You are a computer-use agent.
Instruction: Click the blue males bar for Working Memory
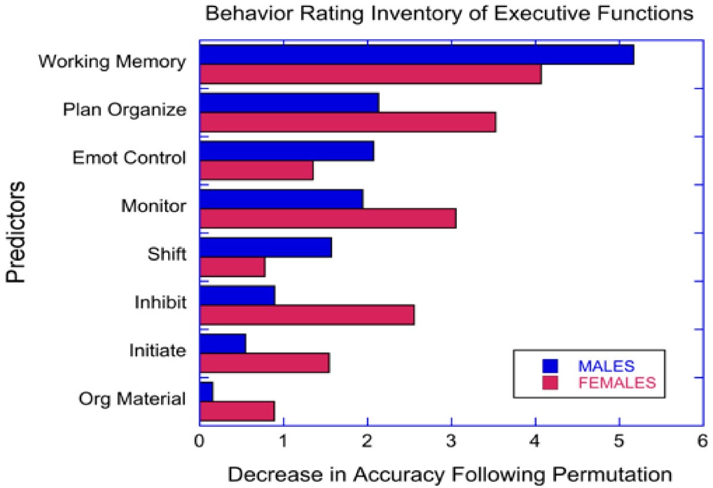(x=417, y=55)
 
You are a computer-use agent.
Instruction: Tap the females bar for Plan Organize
(x=348, y=122)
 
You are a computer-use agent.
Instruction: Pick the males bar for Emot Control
(x=286, y=151)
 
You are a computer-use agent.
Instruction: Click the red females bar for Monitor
(x=327, y=218)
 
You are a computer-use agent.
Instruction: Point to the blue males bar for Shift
(x=266, y=248)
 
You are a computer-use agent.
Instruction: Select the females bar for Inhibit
(x=307, y=315)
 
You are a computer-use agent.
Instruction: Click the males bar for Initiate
(x=223, y=344)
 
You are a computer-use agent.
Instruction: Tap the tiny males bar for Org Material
(x=206, y=392)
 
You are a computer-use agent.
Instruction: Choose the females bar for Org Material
(x=237, y=411)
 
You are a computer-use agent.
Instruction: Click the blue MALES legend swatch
(x=550, y=365)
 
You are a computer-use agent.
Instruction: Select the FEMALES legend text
(x=616, y=383)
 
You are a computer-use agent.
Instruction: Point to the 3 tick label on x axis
(x=452, y=442)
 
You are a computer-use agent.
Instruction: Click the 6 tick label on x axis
(x=703, y=442)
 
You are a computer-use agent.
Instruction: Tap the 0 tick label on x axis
(x=200, y=442)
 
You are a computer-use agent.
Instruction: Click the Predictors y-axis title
(x=17, y=232)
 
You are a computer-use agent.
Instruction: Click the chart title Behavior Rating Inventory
(x=449, y=14)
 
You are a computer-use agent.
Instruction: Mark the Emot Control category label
(x=129, y=159)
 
